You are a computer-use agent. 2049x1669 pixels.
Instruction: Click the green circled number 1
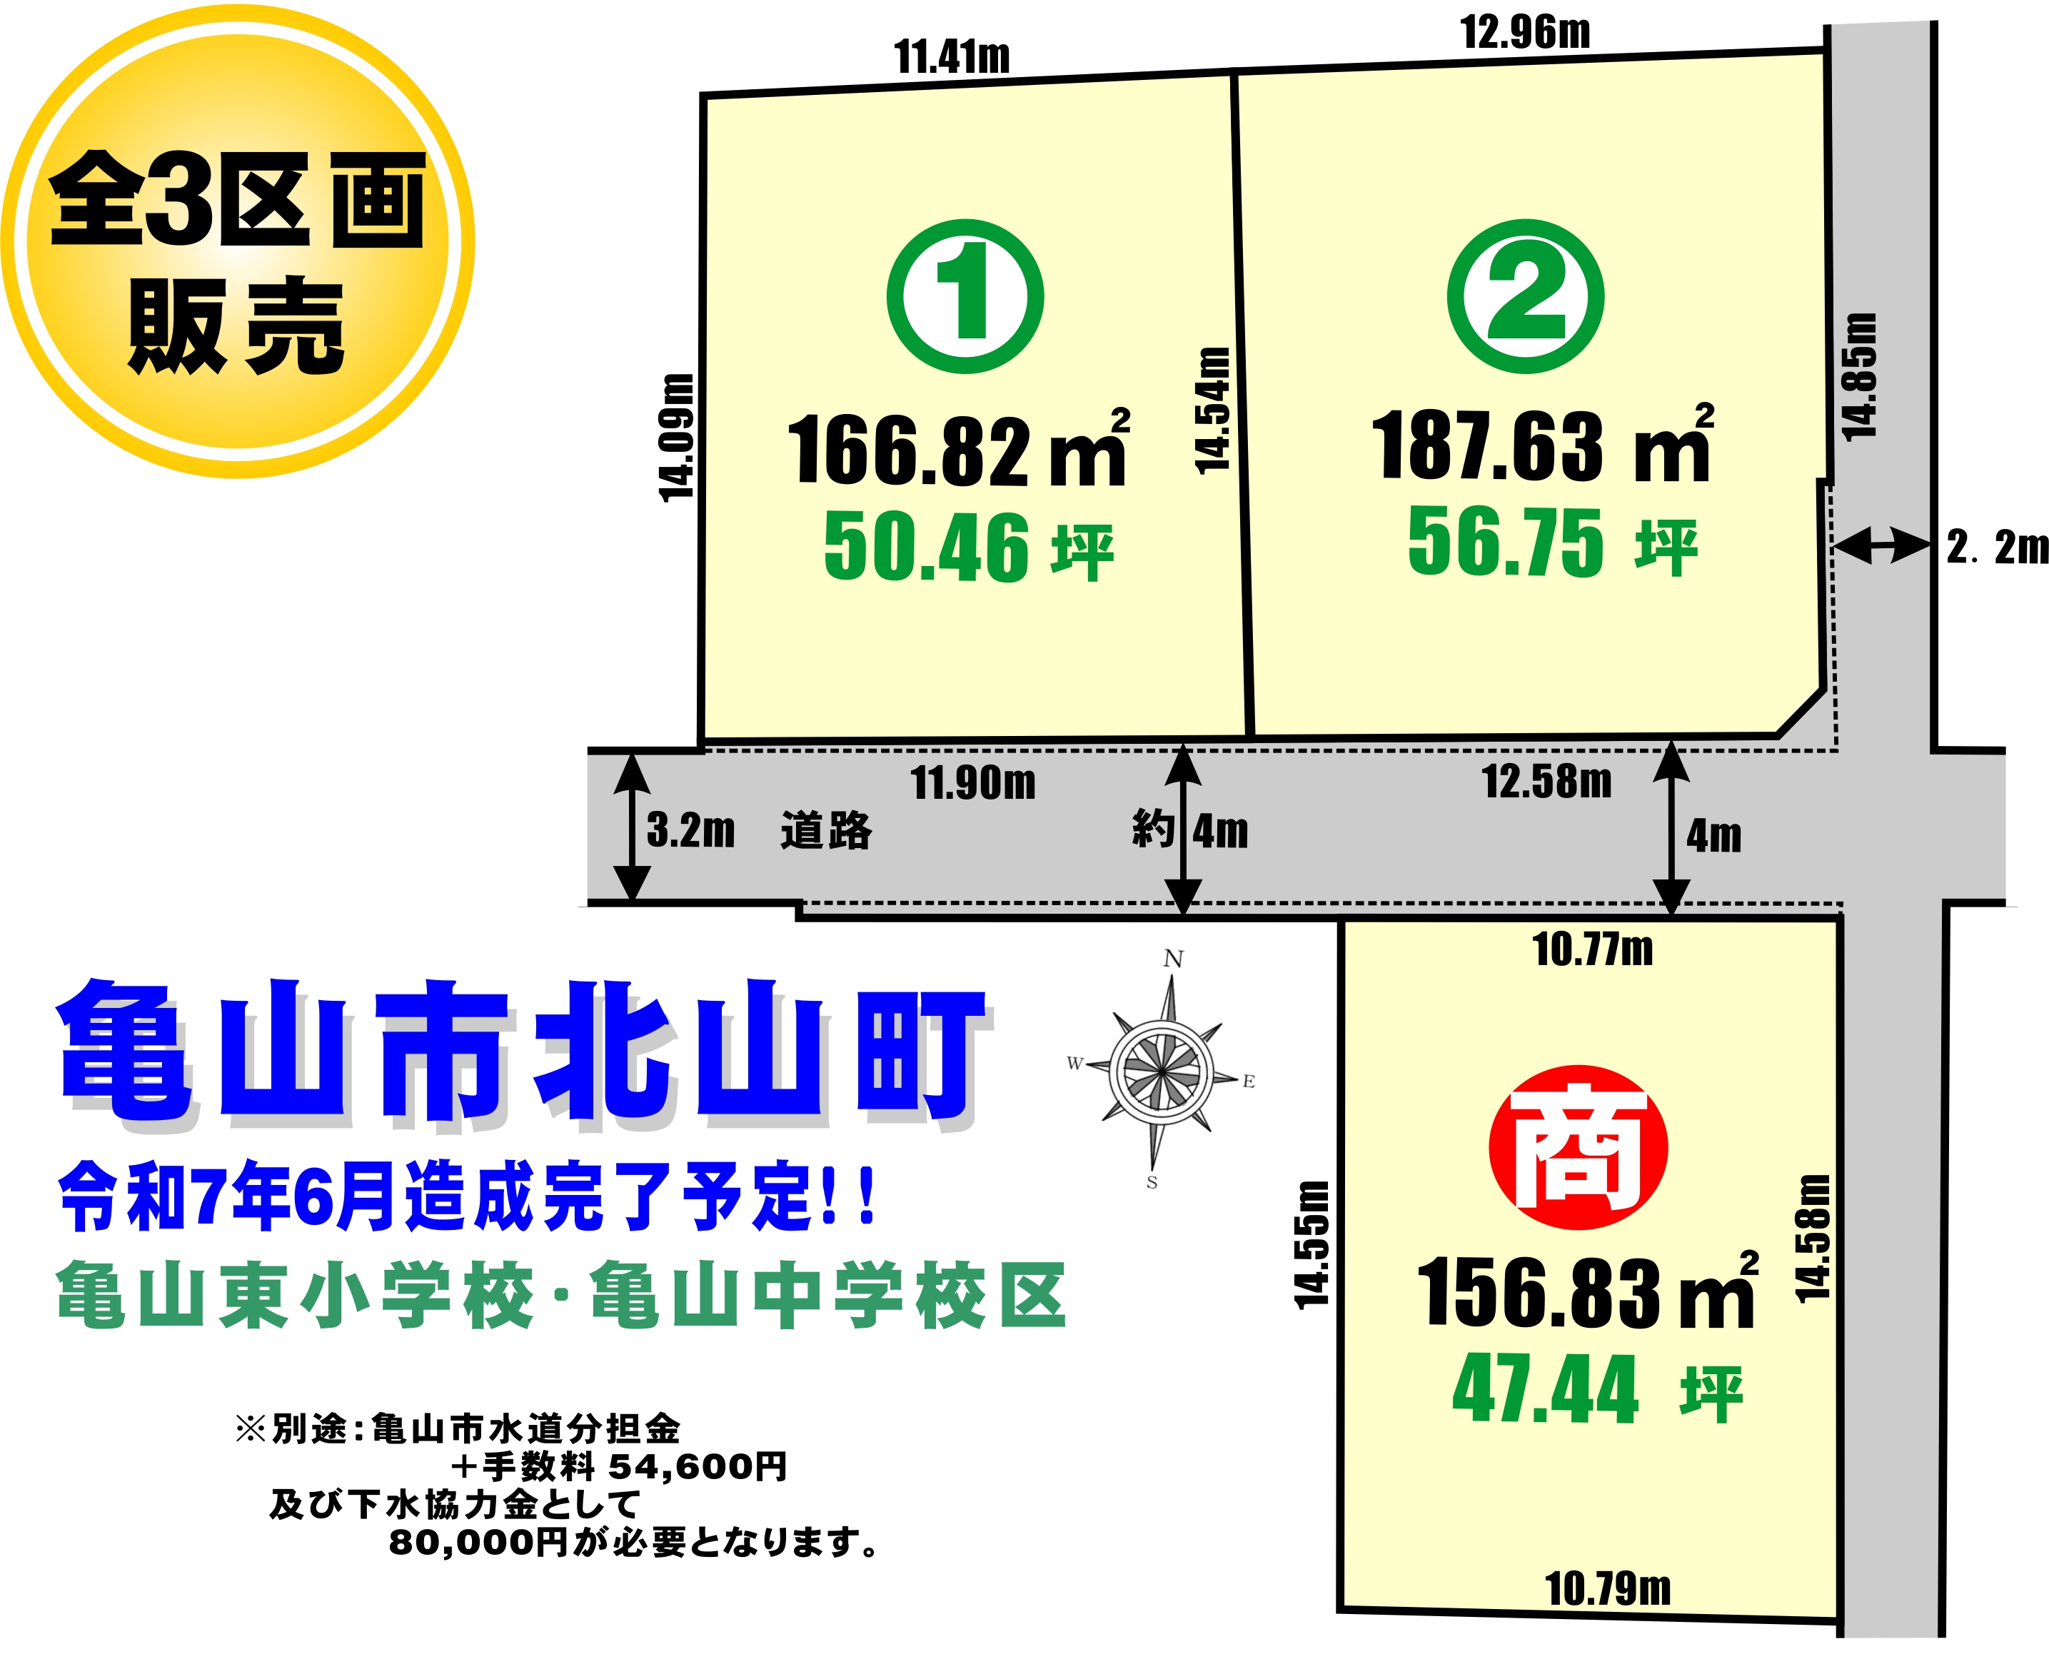tap(965, 295)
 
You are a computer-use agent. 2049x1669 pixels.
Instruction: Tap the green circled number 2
tap(1525, 295)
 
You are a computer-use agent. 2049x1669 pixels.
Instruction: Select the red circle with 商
tap(1578, 1147)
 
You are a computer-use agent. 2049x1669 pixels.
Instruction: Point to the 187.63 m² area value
tap(1541, 445)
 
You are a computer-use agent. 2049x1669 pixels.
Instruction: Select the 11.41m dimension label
tap(952, 56)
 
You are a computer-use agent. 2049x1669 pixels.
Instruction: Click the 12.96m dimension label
tap(1525, 33)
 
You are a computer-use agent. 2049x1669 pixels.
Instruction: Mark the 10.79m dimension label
tap(1608, 1589)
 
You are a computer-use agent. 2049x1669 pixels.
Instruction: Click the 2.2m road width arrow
tap(1882, 546)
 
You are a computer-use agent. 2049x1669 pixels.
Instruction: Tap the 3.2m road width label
tap(690, 830)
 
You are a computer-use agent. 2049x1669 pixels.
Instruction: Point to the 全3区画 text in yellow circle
tap(236, 200)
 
